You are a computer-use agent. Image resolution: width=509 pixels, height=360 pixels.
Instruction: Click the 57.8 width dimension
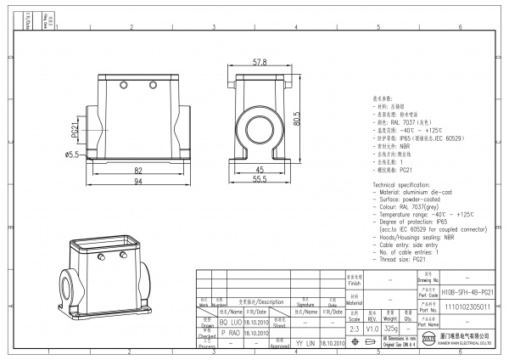click(260, 63)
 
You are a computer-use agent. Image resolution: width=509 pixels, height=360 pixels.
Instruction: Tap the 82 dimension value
click(138, 170)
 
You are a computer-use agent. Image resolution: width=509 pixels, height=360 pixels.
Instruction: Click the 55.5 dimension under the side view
click(260, 180)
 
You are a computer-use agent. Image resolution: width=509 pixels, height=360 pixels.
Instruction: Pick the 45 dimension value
click(259, 170)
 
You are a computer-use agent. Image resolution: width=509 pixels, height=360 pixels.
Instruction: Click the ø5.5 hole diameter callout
click(71, 154)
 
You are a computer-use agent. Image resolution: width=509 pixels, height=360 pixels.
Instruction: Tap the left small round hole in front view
click(123, 86)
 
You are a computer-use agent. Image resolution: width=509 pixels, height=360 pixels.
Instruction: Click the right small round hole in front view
click(153, 86)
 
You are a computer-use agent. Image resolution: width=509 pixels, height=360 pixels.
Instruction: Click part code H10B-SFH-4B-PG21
click(468, 291)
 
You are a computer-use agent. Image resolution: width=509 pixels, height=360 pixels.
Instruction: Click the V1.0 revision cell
click(372, 328)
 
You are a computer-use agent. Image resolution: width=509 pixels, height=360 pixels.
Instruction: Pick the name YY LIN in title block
click(304, 343)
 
